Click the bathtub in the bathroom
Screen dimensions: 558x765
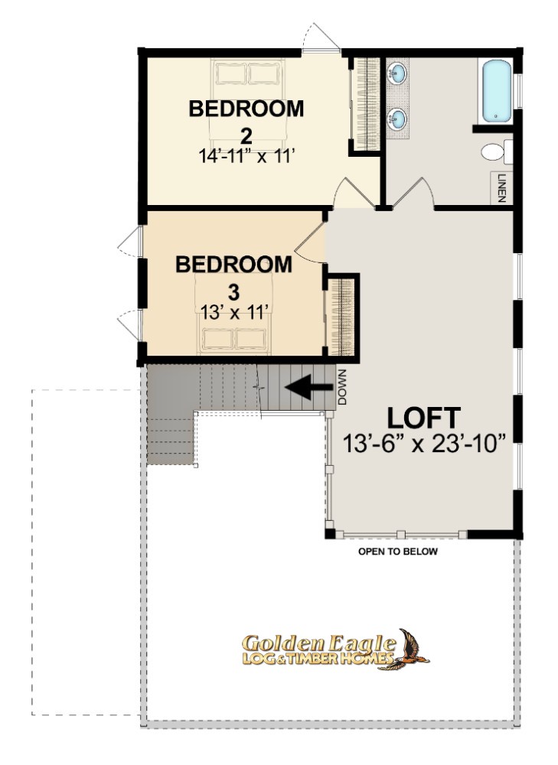497,91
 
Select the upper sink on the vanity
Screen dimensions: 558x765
397,73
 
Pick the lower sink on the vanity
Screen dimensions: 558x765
397,119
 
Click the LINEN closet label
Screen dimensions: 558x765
501,188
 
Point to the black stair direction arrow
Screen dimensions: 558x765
308,388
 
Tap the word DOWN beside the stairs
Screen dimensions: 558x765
341,387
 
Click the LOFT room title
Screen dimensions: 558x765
424,418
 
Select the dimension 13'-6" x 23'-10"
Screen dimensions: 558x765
424,444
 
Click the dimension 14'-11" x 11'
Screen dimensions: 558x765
246,156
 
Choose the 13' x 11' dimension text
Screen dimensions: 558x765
235,312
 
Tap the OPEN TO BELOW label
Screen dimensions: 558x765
398,552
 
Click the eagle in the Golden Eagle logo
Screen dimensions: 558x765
410,649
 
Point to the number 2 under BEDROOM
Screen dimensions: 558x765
246,136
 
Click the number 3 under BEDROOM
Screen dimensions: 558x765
234,293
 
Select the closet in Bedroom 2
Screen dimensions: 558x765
367,104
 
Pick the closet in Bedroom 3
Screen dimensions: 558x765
341,317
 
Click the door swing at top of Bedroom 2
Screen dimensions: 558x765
321,37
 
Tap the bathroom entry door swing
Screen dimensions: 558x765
413,193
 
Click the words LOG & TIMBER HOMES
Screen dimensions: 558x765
318,659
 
